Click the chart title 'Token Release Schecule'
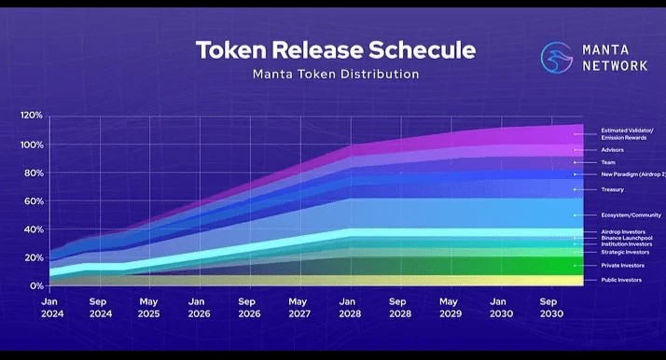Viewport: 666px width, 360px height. click(x=335, y=49)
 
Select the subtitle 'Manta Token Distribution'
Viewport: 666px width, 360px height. click(x=335, y=74)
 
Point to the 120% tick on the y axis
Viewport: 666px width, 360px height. click(x=31, y=116)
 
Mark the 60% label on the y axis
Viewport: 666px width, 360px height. click(x=34, y=201)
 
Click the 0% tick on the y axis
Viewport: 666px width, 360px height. click(x=35, y=286)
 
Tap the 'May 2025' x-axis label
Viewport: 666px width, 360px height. click(x=148, y=309)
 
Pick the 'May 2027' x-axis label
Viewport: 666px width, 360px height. click(x=298, y=309)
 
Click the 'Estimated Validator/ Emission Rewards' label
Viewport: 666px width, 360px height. click(x=627, y=133)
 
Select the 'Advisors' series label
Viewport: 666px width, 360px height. click(x=612, y=150)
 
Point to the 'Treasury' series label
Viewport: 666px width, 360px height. click(x=612, y=189)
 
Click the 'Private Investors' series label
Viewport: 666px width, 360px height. click(x=621, y=266)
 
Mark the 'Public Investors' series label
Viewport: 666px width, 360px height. click(x=620, y=280)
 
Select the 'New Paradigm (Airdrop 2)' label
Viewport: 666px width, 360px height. click(x=632, y=174)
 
